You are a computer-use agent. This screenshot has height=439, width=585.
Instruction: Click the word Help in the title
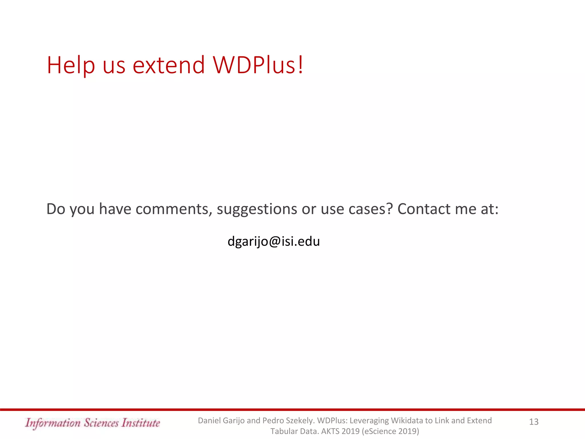(x=71, y=65)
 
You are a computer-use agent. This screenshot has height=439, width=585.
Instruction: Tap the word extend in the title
(x=169, y=65)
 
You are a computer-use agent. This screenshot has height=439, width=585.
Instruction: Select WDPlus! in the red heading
(x=258, y=65)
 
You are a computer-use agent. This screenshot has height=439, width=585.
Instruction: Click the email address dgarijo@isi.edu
(x=274, y=242)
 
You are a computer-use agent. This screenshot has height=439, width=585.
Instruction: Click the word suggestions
(x=257, y=209)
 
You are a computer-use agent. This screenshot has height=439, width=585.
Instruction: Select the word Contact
(x=424, y=209)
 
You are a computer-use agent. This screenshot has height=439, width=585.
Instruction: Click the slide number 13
(x=534, y=422)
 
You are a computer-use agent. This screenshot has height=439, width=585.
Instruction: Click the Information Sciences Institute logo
(x=93, y=423)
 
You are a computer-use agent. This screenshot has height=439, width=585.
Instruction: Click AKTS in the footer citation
(x=330, y=431)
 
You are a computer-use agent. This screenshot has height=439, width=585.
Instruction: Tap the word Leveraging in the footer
(x=369, y=420)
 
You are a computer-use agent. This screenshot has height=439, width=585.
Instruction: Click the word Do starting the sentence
(x=56, y=209)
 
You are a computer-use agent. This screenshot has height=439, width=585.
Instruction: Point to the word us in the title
(x=114, y=65)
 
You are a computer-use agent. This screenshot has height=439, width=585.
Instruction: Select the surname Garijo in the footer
(x=233, y=420)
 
